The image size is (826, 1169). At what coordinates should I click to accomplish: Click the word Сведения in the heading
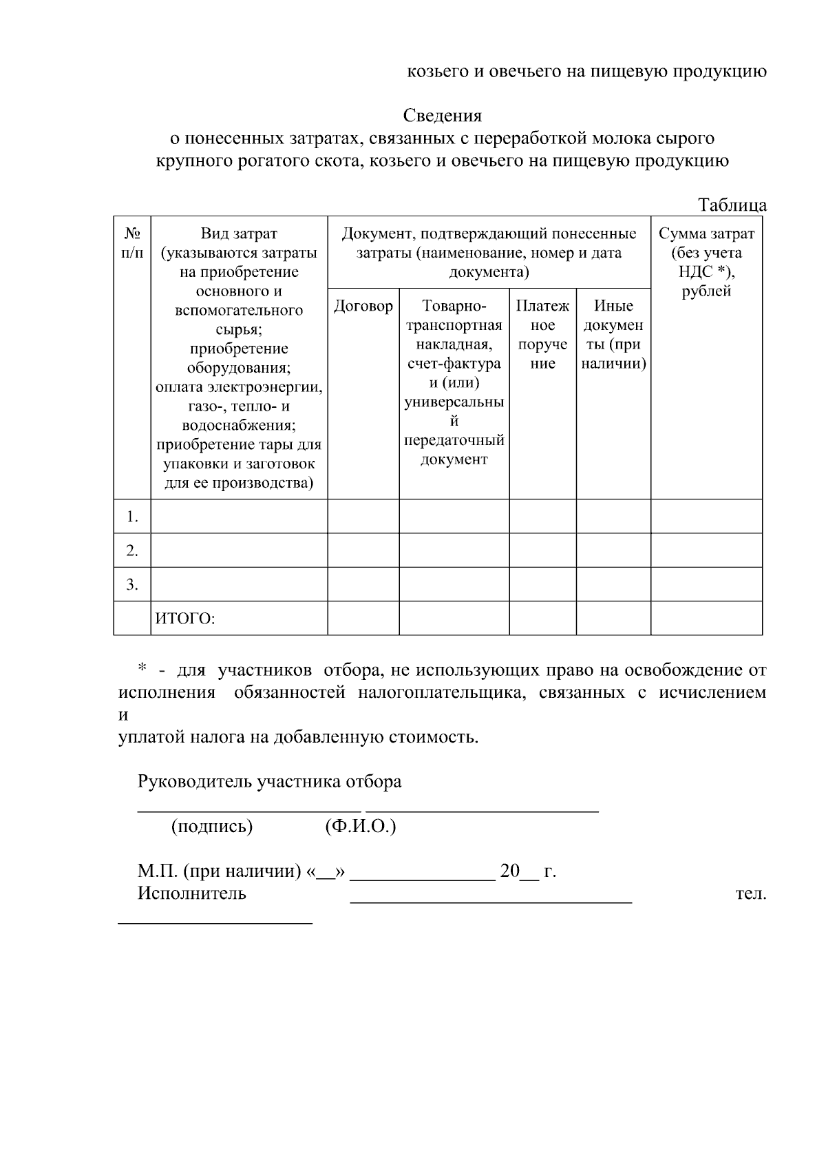click(x=442, y=116)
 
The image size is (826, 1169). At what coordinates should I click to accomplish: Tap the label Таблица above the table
click(x=732, y=205)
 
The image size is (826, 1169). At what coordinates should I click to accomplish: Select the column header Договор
click(x=363, y=307)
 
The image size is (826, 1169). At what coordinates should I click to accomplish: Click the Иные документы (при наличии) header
click(x=613, y=335)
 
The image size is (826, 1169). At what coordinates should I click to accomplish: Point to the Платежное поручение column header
click(x=542, y=335)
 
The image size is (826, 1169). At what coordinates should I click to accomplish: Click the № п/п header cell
click(x=132, y=243)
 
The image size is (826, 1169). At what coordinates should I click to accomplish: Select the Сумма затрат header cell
click(x=706, y=262)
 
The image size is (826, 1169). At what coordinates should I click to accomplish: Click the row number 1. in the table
click(x=132, y=517)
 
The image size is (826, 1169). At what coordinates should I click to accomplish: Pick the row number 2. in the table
click(x=132, y=551)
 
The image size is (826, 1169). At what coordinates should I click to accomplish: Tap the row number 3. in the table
click(x=132, y=585)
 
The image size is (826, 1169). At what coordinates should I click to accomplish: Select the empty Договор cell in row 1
click(x=363, y=517)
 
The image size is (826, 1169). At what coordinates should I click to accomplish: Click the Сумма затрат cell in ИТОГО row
click(x=706, y=619)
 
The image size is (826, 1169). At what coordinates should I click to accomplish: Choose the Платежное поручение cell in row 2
click(x=542, y=550)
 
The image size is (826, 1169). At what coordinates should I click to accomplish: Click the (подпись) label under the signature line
click(x=212, y=827)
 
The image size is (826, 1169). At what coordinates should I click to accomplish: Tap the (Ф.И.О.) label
click(x=360, y=827)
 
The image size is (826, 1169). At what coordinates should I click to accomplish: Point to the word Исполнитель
click(x=191, y=894)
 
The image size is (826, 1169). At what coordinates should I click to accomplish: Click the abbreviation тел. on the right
click(x=751, y=894)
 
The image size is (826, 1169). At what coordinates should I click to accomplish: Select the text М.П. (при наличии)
click(x=220, y=872)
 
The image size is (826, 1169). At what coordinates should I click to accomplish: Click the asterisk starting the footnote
click(x=142, y=668)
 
